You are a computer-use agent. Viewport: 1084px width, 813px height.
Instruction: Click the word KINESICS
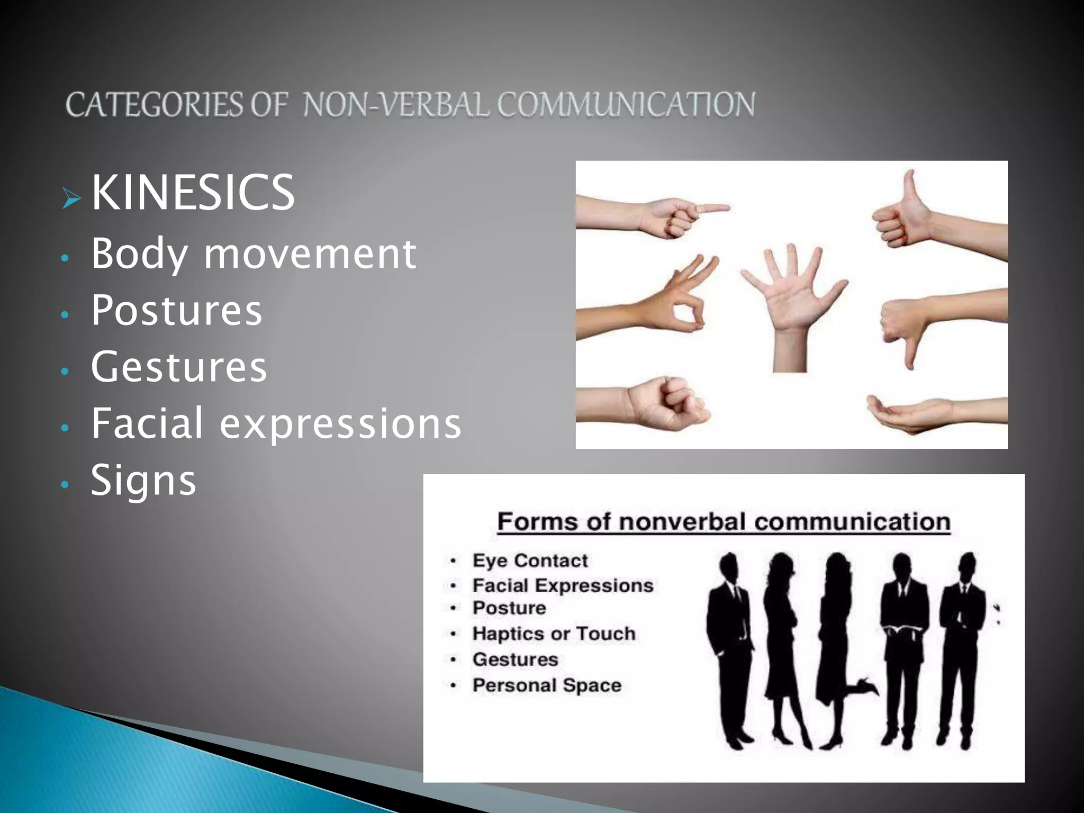(x=193, y=193)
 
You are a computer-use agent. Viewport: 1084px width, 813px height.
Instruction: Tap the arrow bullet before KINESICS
(x=71, y=199)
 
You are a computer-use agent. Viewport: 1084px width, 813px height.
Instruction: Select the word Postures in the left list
(x=176, y=310)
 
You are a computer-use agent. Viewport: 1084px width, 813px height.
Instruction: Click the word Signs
(x=143, y=481)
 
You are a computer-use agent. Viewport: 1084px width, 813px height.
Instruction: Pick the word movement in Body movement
(x=310, y=254)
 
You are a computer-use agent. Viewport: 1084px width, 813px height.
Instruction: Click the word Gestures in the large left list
(x=179, y=366)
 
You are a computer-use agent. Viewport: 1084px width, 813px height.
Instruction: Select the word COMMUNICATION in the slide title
(x=626, y=104)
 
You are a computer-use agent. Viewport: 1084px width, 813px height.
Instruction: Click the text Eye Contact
(x=530, y=561)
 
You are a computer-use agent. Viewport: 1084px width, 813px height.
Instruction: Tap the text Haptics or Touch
(x=554, y=634)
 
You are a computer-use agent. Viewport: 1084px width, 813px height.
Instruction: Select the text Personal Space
(x=547, y=685)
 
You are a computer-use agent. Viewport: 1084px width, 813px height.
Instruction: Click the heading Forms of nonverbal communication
(x=724, y=522)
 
